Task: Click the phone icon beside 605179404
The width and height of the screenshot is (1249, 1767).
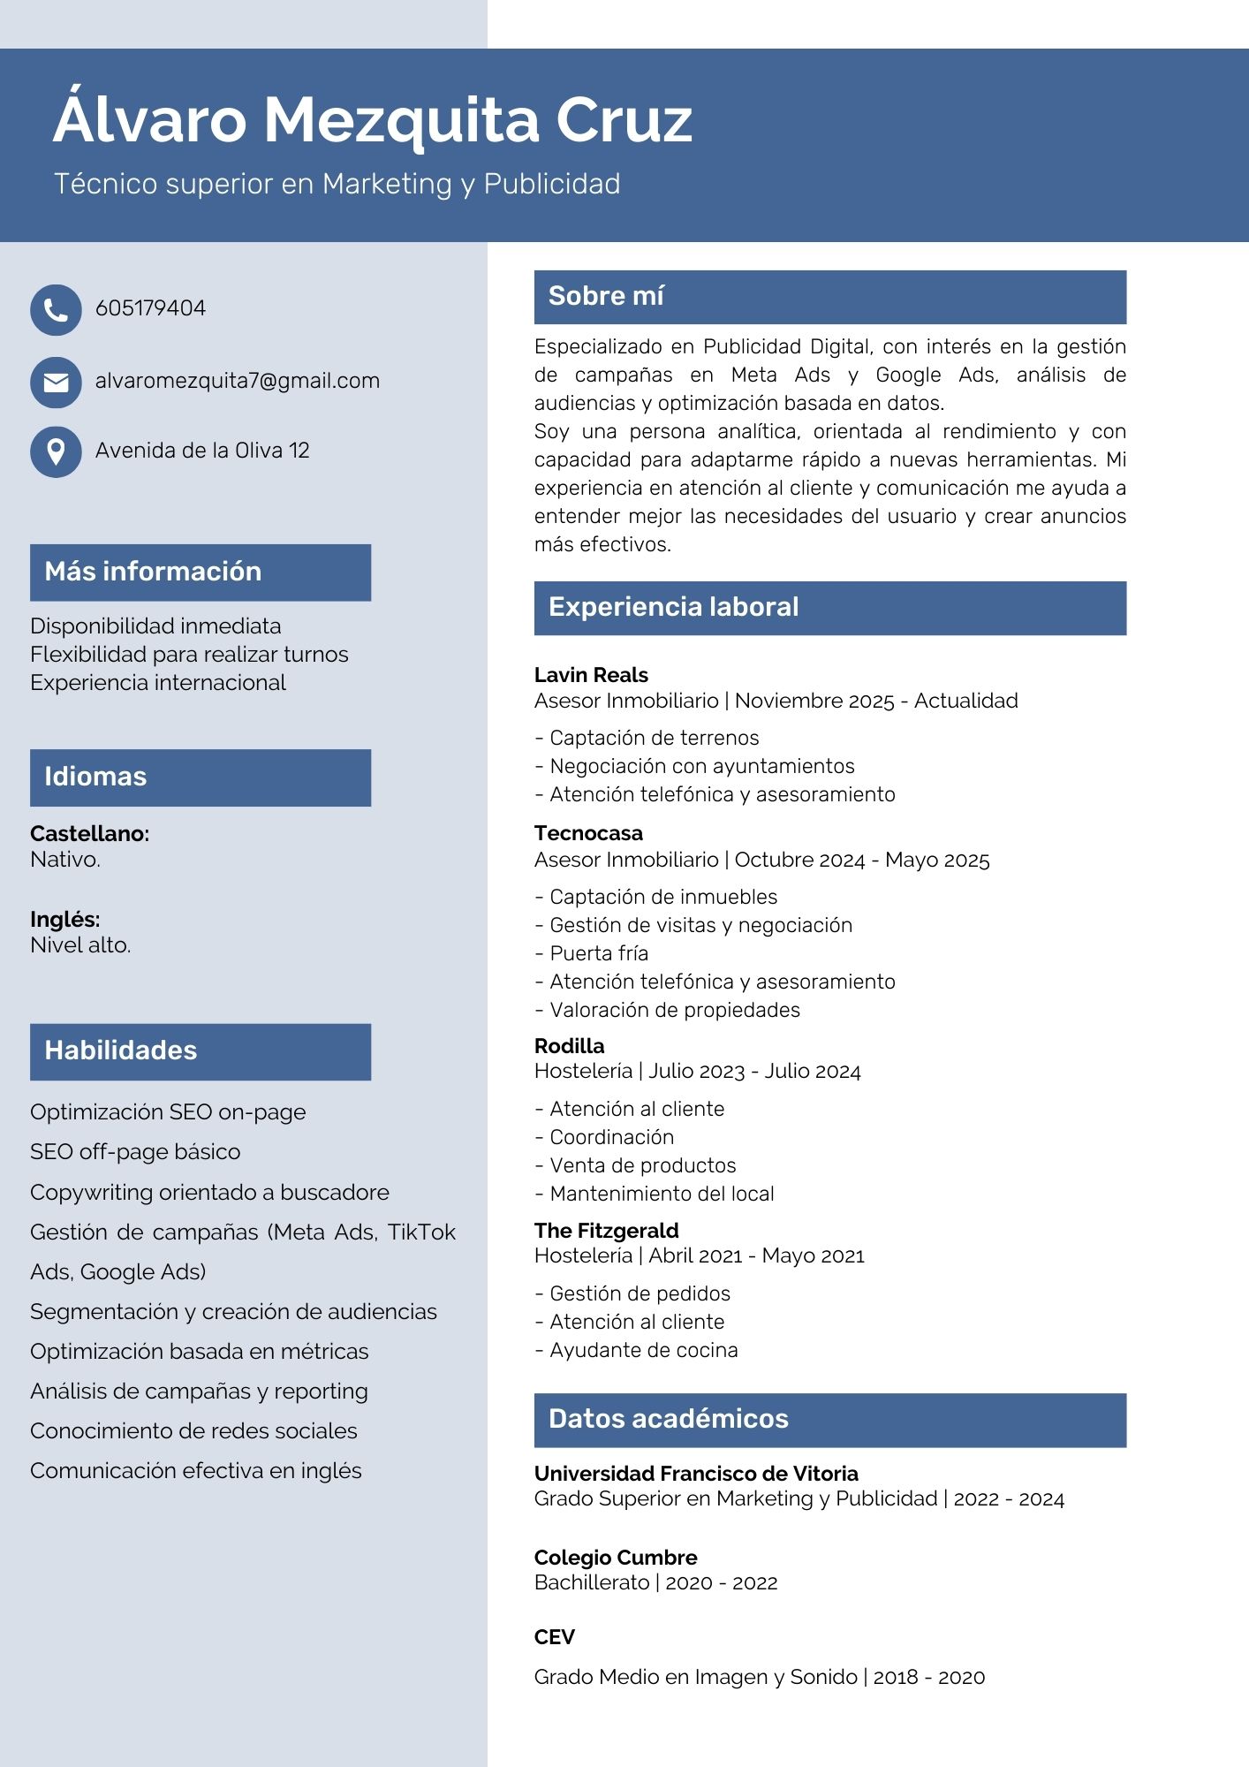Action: [x=56, y=310]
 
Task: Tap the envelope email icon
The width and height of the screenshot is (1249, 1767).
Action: [x=56, y=383]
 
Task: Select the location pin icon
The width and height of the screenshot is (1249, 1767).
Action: [x=56, y=451]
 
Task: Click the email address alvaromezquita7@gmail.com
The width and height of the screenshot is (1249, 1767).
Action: [x=237, y=381]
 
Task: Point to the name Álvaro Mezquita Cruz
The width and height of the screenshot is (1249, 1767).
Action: [x=372, y=119]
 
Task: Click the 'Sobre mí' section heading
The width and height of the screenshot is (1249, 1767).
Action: [x=606, y=296]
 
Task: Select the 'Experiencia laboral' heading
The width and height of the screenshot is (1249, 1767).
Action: [x=673, y=607]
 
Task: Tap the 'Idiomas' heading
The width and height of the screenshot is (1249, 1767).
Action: [x=95, y=777]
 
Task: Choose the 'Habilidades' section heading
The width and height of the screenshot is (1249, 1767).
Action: [x=121, y=1050]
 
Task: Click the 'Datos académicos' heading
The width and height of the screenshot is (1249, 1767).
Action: [x=668, y=1419]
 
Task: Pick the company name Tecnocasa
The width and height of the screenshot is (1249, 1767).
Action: [x=588, y=833]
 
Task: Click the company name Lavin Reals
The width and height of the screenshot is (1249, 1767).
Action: [x=591, y=675]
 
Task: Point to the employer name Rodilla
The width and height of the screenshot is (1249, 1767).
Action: [x=570, y=1046]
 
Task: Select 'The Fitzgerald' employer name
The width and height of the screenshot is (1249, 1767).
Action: [x=606, y=1231]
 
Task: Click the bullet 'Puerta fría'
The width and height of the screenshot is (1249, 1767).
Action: [x=599, y=953]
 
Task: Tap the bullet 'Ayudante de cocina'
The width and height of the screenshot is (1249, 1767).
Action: [x=643, y=1350]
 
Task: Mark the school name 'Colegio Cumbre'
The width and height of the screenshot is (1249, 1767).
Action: [x=616, y=1558]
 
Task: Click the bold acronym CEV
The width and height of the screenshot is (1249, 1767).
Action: [x=554, y=1637]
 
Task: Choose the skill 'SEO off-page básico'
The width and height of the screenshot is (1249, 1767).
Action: [x=135, y=1152]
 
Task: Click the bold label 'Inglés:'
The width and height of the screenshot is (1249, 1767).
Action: [x=64, y=919]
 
